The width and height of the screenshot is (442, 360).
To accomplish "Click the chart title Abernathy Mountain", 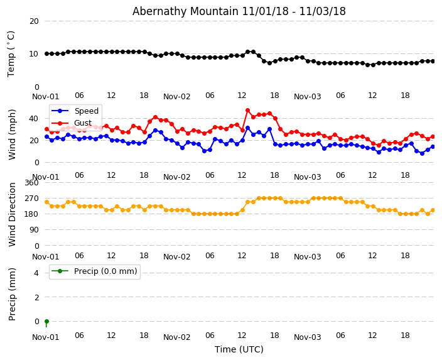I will pos(239,11).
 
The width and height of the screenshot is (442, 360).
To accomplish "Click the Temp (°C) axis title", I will pos(12,53).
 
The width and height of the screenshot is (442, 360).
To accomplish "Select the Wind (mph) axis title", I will pos(12,134).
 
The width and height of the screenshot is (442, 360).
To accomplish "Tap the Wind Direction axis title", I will pos(12,214).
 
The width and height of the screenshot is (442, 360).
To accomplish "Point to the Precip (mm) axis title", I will pos(12,294).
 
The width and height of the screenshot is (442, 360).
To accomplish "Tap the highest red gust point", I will pos(247,111).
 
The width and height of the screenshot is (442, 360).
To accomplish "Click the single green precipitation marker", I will pos(46,321).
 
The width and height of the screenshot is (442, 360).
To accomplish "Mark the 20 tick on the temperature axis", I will pos(34,21).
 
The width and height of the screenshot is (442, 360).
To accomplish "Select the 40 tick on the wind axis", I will pos(34,118).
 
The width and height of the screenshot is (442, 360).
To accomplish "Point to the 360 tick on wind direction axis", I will pos(31,183).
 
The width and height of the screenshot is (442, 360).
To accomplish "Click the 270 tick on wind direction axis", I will pos(31,199).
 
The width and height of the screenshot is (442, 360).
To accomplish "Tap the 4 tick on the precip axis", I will pos(36,273).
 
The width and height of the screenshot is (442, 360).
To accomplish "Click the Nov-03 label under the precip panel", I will pos(307,337).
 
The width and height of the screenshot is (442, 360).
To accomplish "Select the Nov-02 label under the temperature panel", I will pos(176,97).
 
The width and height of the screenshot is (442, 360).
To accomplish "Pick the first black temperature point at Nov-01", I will pos(46,54).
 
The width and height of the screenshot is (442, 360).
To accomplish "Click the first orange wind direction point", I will pos(46,202).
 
